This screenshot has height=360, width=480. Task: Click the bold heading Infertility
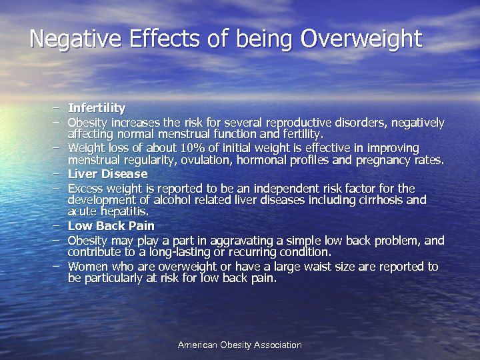point(97,107)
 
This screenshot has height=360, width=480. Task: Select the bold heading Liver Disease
point(107,174)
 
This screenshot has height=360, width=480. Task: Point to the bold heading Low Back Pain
point(111,226)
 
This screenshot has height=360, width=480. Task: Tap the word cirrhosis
point(376,200)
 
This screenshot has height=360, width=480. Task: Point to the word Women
point(86,267)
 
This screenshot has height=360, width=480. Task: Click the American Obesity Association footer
point(239,345)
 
